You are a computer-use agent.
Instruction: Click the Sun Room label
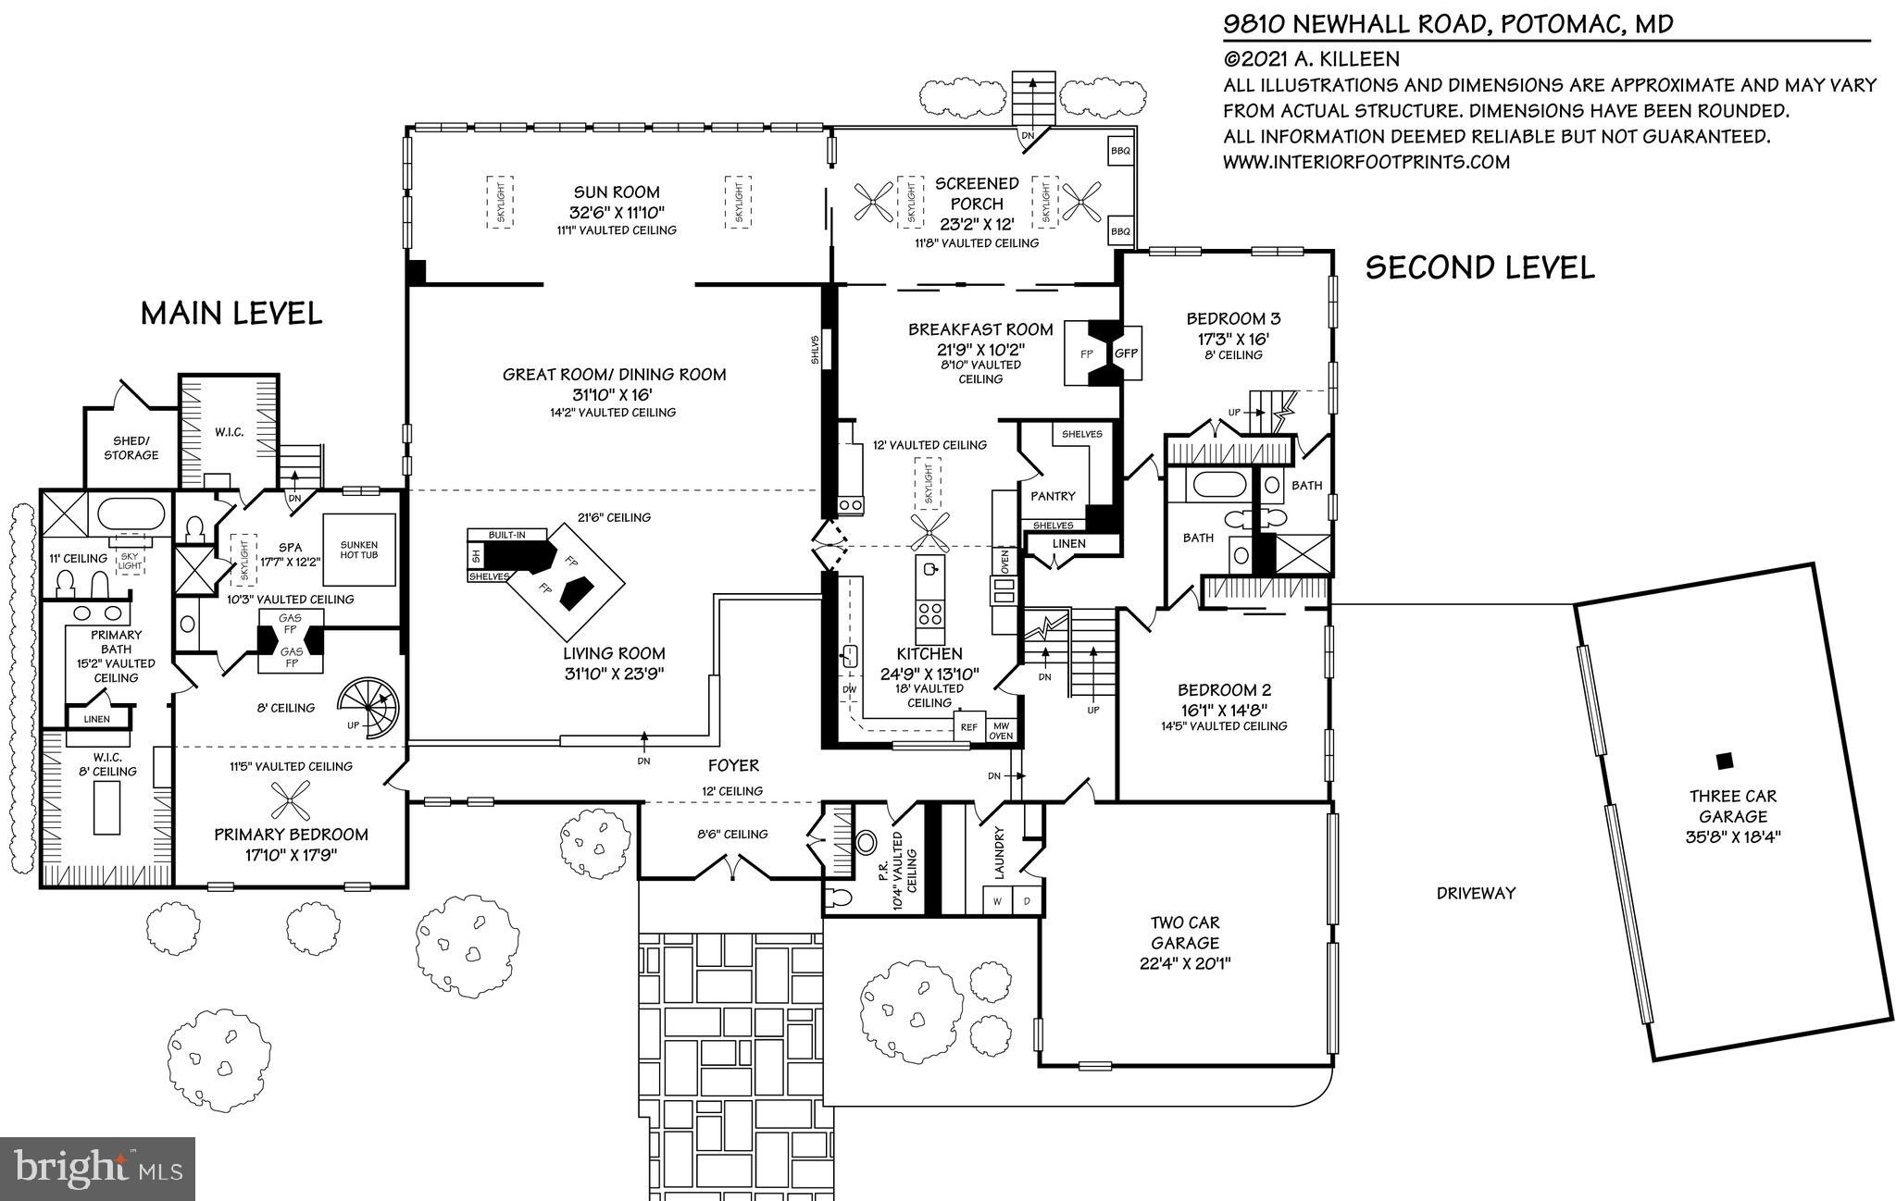pyautogui.click(x=617, y=192)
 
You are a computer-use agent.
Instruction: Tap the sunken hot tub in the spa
pyautogui.click(x=358, y=550)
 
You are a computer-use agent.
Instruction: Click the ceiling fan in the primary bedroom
pyautogui.click(x=292, y=798)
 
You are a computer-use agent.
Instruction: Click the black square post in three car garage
pyautogui.click(x=1724, y=761)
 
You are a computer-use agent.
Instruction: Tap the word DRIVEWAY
pyautogui.click(x=1476, y=893)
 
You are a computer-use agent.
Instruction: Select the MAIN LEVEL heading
pyautogui.click(x=231, y=314)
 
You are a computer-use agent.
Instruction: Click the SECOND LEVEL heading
pyautogui.click(x=1479, y=268)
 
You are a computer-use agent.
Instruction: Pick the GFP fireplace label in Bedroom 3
pyautogui.click(x=1126, y=353)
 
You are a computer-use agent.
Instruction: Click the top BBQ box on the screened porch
pyautogui.click(x=1120, y=150)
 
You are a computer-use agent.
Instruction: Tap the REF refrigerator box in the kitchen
pyautogui.click(x=968, y=727)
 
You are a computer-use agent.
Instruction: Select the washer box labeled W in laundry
pyautogui.click(x=997, y=900)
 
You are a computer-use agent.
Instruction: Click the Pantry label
pyautogui.click(x=1053, y=496)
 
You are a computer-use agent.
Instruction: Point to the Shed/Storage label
pyautogui.click(x=131, y=448)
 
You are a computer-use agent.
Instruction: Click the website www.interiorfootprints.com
pyautogui.click(x=1366, y=163)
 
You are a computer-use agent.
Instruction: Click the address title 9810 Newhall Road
pyautogui.click(x=1449, y=23)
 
